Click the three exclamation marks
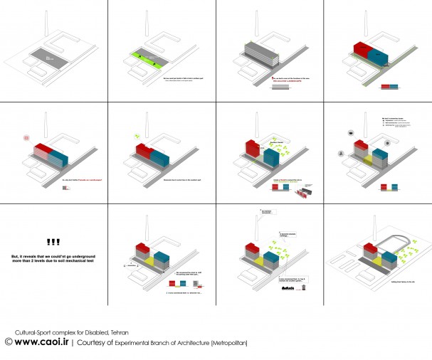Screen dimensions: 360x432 point(54,242)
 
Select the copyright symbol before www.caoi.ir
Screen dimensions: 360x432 point(8,343)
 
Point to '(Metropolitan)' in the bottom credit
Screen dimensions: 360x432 point(230,343)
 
